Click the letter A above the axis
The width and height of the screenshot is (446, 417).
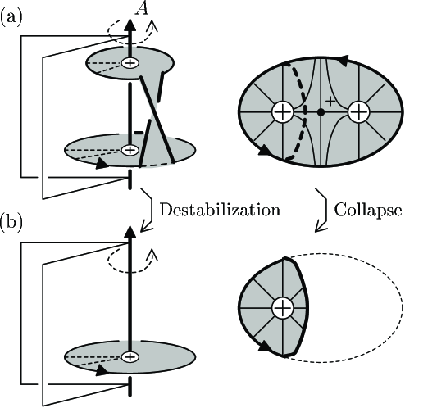point(143,7)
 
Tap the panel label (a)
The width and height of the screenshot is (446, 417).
point(11,18)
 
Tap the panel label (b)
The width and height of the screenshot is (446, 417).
point(11,222)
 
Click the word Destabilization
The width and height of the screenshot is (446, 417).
point(220,210)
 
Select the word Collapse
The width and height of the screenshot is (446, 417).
point(368,211)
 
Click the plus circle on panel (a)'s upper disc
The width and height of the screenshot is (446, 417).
point(130,63)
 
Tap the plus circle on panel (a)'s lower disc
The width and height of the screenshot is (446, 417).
point(130,150)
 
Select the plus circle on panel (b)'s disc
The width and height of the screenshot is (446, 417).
point(130,356)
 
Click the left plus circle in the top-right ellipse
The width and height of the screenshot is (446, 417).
point(283,112)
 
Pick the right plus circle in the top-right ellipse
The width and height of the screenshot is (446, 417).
point(358,112)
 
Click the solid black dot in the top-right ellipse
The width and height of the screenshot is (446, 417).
point(321,112)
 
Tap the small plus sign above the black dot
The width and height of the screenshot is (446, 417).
point(330,101)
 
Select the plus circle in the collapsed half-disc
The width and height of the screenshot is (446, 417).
point(283,308)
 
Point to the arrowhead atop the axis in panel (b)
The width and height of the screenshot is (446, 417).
point(130,232)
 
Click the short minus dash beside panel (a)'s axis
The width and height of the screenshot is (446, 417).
point(139,133)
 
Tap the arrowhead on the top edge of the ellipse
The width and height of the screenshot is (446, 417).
point(343,60)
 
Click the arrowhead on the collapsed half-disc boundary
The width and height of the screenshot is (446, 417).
point(265,346)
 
